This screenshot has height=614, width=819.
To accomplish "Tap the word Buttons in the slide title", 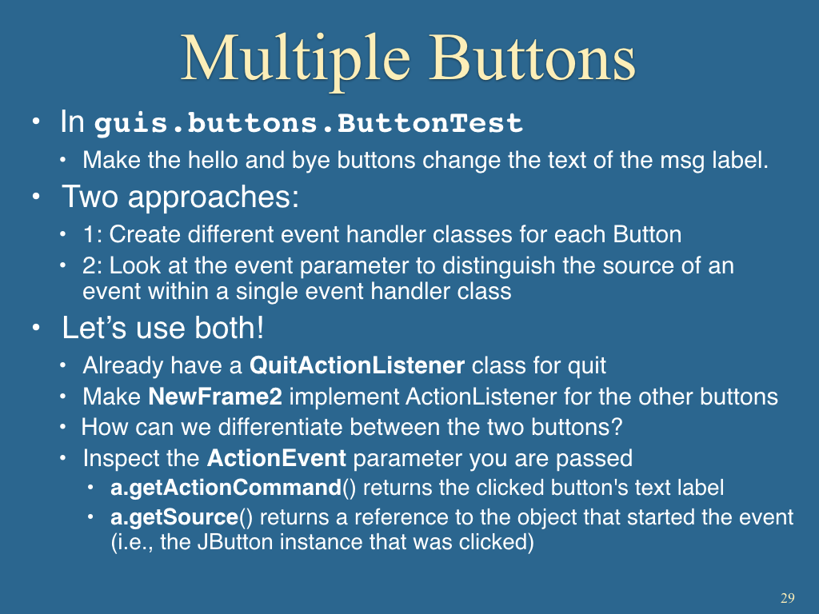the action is (533, 57).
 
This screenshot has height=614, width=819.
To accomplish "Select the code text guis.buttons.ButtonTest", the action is (308, 123).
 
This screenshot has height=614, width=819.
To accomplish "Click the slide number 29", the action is (788, 598).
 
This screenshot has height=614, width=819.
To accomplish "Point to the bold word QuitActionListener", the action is (357, 365).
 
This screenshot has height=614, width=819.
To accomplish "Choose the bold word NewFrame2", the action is (215, 397).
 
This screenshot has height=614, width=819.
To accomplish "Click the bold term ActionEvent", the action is (276, 458).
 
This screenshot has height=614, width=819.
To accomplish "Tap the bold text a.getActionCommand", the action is (226, 488).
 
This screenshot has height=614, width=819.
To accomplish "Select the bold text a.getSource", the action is (174, 517).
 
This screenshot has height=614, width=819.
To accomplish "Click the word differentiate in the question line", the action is (281, 427).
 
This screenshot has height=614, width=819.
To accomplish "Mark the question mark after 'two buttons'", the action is (617, 427).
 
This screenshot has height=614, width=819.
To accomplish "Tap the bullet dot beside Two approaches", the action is (35, 197).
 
